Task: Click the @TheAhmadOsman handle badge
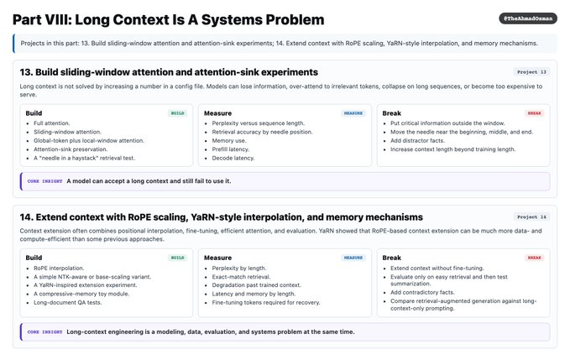[527, 18]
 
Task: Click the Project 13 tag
[531, 72]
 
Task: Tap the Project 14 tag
[531, 217]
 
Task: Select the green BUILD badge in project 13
[177, 113]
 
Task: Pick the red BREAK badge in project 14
[534, 258]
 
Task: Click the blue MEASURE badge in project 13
[353, 113]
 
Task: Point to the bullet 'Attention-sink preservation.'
[71, 149]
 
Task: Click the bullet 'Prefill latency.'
[231, 149]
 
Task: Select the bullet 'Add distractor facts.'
[417, 141]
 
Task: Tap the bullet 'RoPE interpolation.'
[59, 268]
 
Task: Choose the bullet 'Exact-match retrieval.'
[241, 277]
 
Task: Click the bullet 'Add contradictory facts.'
[422, 292]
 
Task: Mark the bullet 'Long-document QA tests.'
[68, 302]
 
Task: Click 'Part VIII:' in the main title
[42, 19]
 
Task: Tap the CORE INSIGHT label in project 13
[44, 181]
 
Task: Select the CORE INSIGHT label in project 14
[44, 331]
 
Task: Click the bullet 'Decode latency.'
[233, 158]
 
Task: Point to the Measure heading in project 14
[217, 258]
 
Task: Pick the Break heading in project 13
[391, 113]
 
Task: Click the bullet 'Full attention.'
[51, 123]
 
